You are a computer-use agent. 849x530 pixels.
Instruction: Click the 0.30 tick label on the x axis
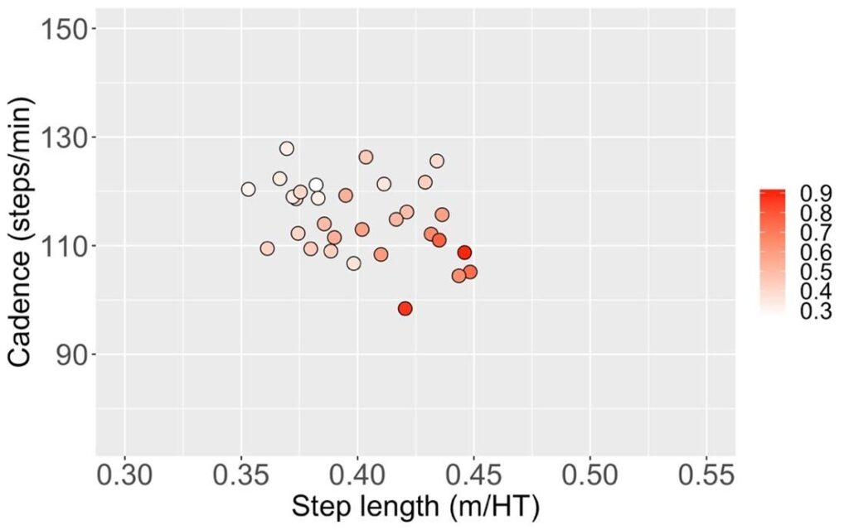pyautogui.click(x=124, y=477)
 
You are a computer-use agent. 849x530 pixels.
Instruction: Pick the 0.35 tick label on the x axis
pyautogui.click(x=241, y=477)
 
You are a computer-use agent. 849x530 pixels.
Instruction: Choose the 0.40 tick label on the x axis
pyautogui.click(x=357, y=477)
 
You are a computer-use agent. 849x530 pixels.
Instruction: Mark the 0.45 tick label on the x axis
pyautogui.click(x=474, y=477)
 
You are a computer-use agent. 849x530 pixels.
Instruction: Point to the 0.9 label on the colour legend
pyautogui.click(x=816, y=193)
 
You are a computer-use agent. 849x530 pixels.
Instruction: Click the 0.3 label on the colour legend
pyautogui.click(x=816, y=312)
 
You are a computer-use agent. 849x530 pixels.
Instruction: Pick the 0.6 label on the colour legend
pyautogui.click(x=816, y=253)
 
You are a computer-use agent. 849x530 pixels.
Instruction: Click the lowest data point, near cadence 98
pyautogui.click(x=405, y=309)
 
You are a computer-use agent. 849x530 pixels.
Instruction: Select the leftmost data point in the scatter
pyautogui.click(x=248, y=189)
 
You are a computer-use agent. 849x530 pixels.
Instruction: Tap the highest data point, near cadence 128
pyautogui.click(x=287, y=149)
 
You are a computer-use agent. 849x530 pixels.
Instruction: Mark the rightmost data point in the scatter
pyautogui.click(x=470, y=272)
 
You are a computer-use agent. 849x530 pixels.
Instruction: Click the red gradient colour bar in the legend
pyautogui.click(x=773, y=248)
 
